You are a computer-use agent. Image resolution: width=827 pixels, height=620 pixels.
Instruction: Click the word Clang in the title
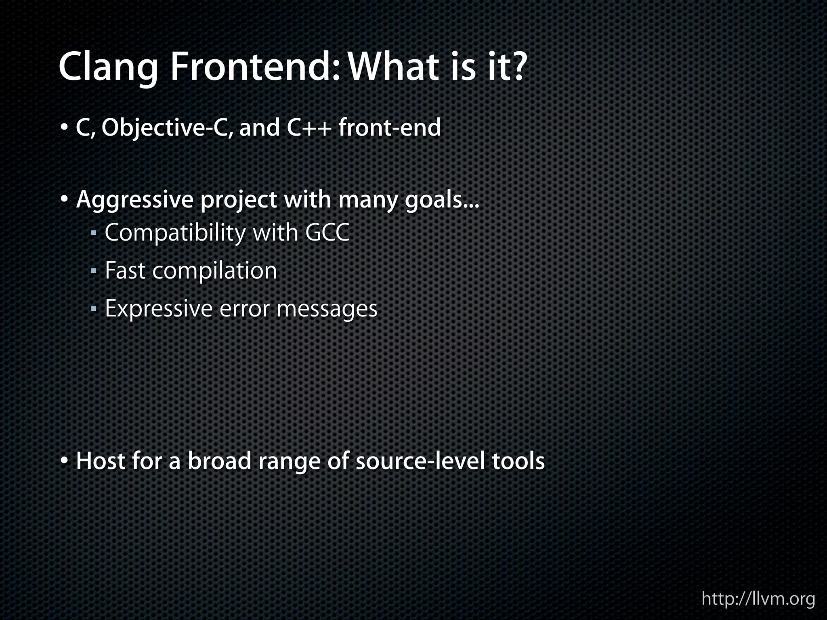point(108,68)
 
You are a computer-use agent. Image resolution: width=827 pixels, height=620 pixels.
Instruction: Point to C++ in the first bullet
point(310,128)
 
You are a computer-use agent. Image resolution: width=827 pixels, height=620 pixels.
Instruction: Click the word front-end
point(390,128)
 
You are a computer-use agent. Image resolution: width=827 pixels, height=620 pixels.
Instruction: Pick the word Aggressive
point(135,201)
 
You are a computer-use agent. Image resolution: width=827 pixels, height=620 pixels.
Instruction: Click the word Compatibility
point(175,233)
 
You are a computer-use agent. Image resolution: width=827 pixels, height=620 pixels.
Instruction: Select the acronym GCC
point(327,233)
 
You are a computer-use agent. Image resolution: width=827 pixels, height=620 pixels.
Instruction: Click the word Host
point(101,461)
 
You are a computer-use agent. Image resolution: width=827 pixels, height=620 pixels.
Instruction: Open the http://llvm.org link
point(758,599)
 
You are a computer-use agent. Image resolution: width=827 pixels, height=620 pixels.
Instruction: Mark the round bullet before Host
point(65,461)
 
